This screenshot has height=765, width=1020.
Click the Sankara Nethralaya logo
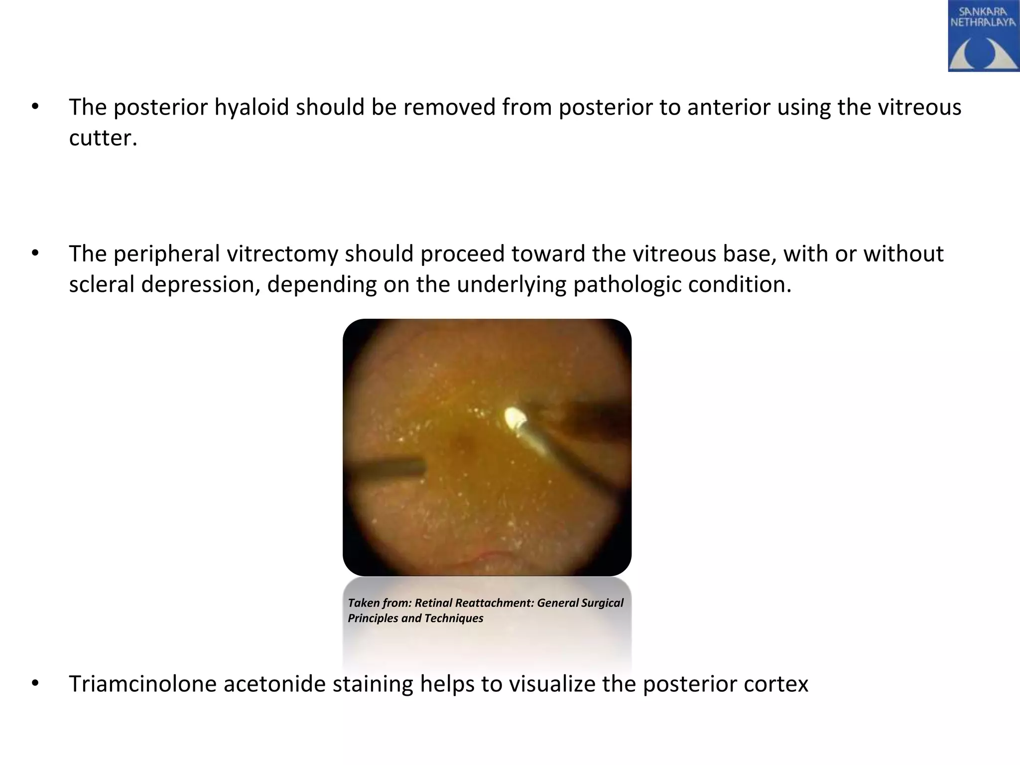click(x=983, y=36)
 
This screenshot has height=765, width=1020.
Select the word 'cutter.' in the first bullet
click(x=103, y=137)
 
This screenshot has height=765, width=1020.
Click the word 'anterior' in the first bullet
click(x=729, y=107)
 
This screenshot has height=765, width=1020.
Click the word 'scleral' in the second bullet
click(x=102, y=284)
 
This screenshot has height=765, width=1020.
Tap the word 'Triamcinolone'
click(x=142, y=684)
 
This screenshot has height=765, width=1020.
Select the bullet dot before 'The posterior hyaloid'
click(x=34, y=108)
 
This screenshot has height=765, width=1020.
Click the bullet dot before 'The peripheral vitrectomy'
click(x=34, y=254)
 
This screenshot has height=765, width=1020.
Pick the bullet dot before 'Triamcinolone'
click(x=34, y=684)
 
